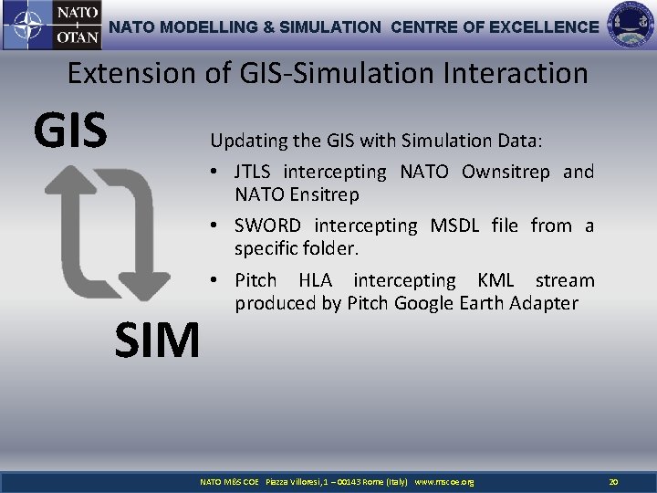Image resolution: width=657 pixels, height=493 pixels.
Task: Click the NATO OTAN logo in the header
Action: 52,26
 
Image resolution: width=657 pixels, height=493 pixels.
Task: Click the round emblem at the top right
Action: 631,26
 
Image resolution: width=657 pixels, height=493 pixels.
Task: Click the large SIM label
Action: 157,341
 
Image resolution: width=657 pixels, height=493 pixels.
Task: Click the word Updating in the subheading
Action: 245,142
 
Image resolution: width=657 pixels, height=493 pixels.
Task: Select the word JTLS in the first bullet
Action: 255,172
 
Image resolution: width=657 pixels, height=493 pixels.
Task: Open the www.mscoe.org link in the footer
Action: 443,481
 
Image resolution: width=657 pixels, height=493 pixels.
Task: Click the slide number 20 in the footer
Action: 613,481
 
